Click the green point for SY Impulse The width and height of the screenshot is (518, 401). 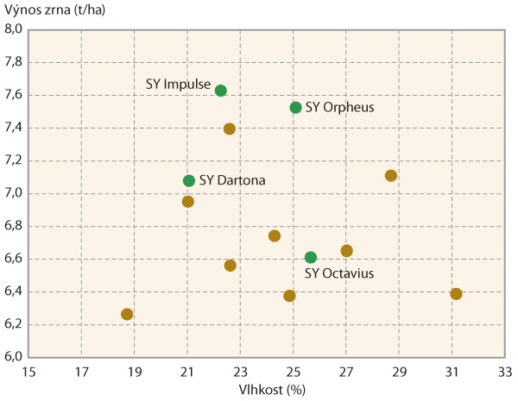pyautogui.click(x=220, y=91)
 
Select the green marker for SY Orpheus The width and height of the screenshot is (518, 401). pyautogui.click(x=295, y=108)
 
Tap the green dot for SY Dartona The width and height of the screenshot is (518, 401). pyautogui.click(x=189, y=180)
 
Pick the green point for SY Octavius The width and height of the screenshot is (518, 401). pyautogui.click(x=311, y=257)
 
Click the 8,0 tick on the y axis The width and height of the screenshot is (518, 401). pyautogui.click(x=13, y=29)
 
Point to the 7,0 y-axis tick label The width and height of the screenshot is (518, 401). pyautogui.click(x=13, y=193)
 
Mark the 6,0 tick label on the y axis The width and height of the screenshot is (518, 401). pyautogui.click(x=13, y=357)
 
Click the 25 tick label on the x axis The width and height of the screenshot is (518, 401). pyautogui.click(x=294, y=372)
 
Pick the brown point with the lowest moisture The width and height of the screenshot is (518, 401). pyautogui.click(x=127, y=314)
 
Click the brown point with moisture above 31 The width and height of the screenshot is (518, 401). pyautogui.click(x=456, y=294)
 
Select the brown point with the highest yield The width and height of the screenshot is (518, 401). pyautogui.click(x=230, y=128)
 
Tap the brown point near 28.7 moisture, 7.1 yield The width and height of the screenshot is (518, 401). pyautogui.click(x=390, y=176)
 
